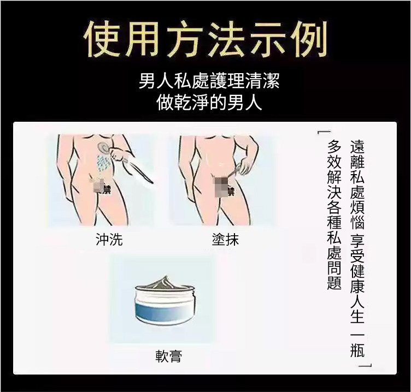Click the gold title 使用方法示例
[205, 39]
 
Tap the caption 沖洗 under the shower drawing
[109, 239]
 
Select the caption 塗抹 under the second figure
[225, 239]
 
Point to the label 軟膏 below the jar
[168, 356]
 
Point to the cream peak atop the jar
[165, 282]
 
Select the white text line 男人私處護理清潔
[209, 81]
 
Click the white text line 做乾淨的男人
[209, 102]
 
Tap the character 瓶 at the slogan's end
[357, 349]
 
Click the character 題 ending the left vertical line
[334, 282]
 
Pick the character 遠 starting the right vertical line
[357, 146]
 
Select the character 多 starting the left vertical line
[334, 146]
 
